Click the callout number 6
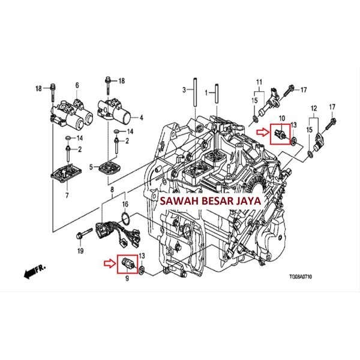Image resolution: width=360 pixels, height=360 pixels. pos(77,85)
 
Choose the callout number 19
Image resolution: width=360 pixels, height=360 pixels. pos(79,251)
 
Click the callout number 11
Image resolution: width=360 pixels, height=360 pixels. pos(260,82)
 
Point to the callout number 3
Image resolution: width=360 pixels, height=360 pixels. pos(184,91)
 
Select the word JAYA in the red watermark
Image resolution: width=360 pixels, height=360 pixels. pos(247,202)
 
